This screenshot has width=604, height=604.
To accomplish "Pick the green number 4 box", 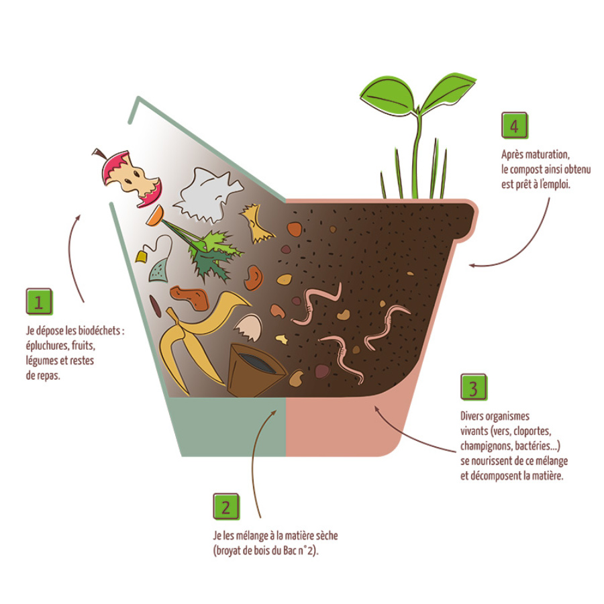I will click(515, 125).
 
